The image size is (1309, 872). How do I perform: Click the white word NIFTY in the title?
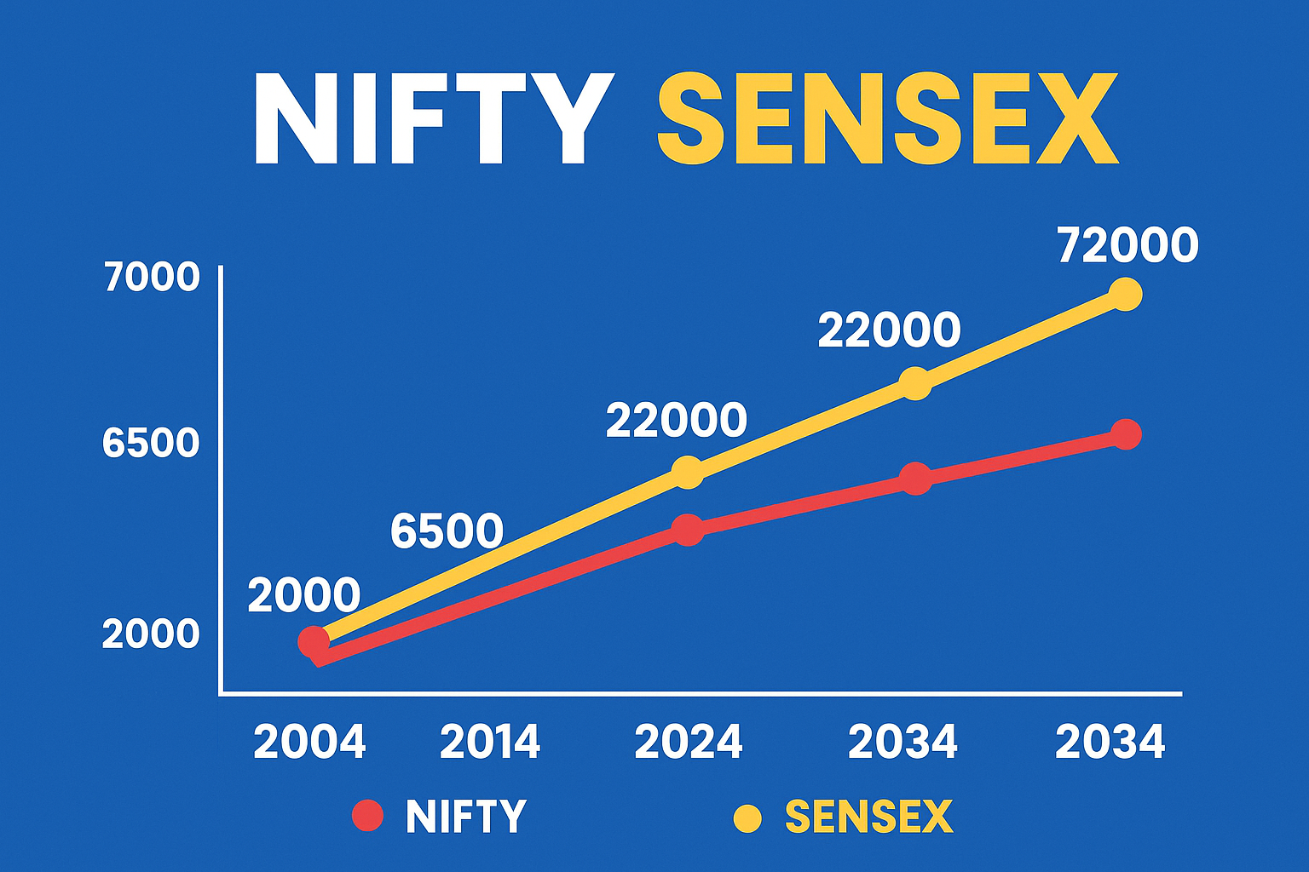point(433,119)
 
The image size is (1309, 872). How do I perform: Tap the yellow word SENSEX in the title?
point(886,119)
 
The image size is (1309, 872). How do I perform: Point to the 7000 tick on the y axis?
point(152,278)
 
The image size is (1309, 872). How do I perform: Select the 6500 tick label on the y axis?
point(151,444)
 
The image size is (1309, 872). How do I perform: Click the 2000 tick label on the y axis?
point(151,634)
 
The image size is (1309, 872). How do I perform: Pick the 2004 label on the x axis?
point(309,743)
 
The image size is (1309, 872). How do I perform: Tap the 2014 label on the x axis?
point(490,743)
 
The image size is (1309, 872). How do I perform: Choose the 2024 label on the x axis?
point(689,743)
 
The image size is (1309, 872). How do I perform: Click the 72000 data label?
point(1127,245)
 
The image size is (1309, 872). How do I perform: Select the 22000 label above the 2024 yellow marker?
point(677,421)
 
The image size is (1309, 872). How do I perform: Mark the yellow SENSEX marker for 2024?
point(688,472)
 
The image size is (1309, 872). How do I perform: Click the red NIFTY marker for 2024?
point(688,530)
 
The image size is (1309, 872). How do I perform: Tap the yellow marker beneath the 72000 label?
point(1126,294)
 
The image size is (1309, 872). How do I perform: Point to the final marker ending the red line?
point(1127,434)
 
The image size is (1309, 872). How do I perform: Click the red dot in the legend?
point(368,816)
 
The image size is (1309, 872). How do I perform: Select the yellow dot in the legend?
point(747,817)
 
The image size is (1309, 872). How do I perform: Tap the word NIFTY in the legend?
point(466,817)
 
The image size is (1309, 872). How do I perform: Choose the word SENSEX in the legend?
point(868,817)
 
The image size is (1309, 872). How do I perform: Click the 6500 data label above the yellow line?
point(447,531)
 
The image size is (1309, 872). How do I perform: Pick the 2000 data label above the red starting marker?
point(304,595)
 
